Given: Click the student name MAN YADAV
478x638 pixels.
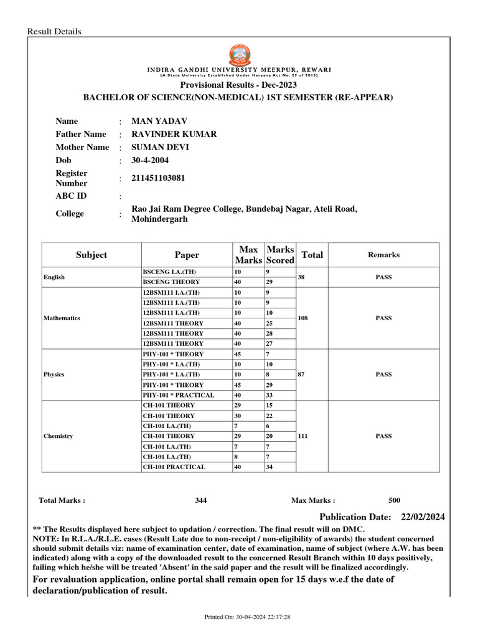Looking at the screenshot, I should click(160, 121).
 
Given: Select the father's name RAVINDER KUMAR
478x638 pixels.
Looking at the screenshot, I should click(174, 134).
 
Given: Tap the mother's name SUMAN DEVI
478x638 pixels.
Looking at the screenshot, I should click(161, 147).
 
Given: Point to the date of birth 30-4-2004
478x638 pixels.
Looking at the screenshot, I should click(151, 160).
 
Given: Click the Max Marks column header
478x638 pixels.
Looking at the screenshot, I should click(248, 255).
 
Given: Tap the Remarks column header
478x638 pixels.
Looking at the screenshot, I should click(383, 255).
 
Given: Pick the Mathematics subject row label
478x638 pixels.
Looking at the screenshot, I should click(62, 318).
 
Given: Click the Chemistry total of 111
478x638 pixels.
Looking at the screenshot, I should click(303, 436).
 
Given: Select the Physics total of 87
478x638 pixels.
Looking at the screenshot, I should click(301, 374).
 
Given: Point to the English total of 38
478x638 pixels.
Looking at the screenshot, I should click(301, 277).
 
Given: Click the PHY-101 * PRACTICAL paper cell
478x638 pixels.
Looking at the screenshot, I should click(178, 395).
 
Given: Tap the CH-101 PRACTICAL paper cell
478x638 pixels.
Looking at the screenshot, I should click(174, 467).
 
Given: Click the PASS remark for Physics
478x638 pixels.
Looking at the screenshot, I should click(383, 374).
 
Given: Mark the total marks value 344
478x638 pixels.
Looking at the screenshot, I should click(200, 500).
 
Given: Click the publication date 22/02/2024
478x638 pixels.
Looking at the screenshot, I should click(423, 517).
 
